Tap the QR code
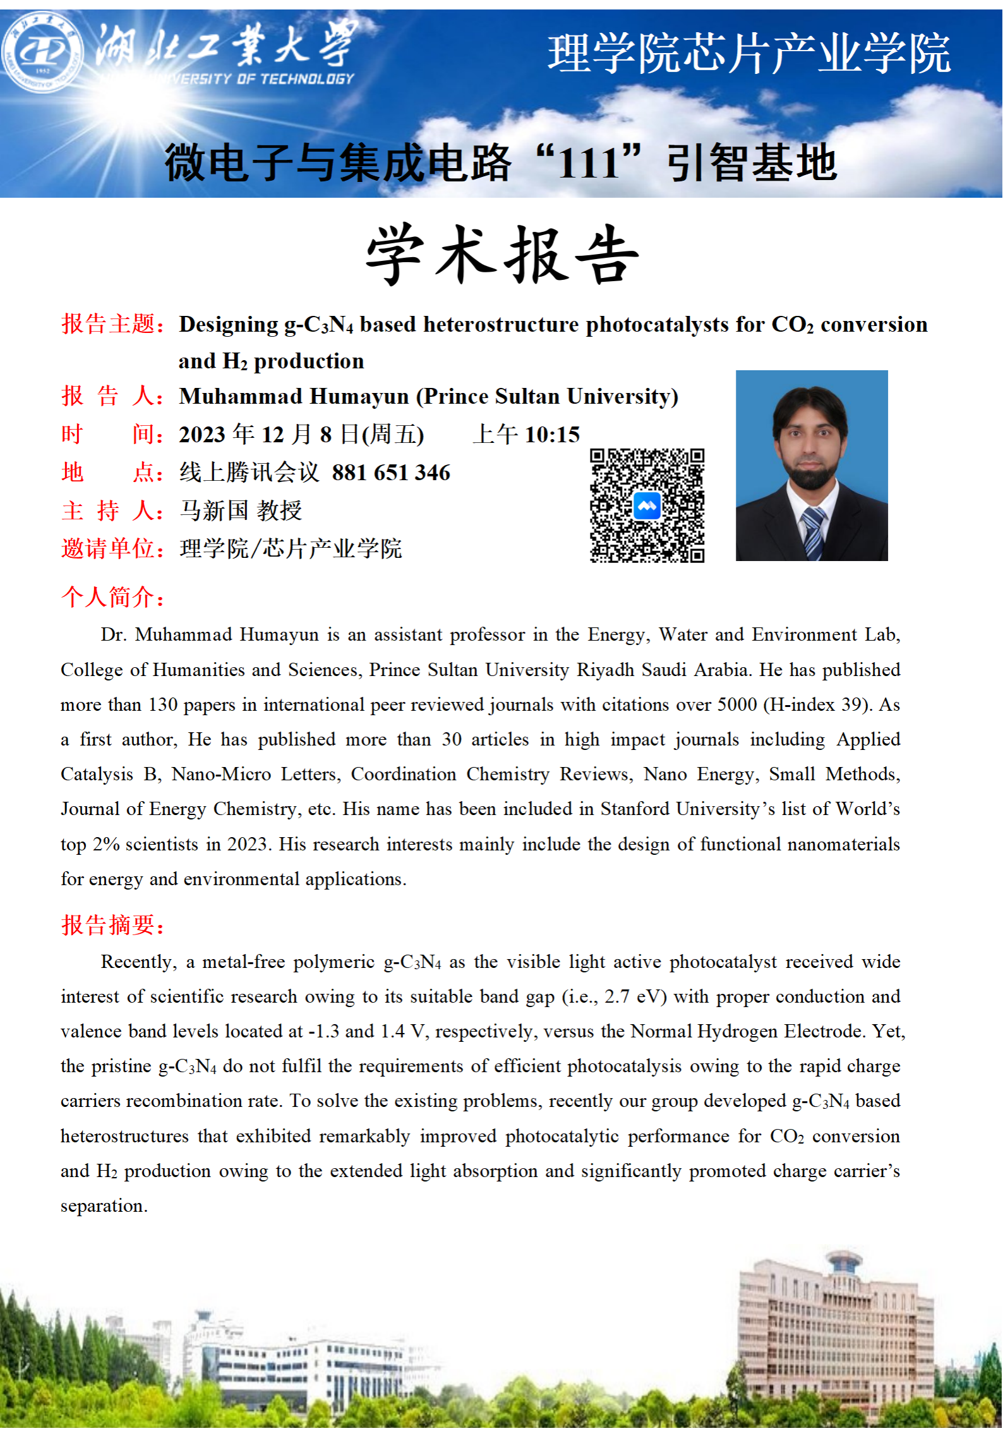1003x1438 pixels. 647,505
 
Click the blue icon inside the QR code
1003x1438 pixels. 647,506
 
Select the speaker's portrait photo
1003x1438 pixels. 812,466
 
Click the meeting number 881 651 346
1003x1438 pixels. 391,473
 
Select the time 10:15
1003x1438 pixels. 552,435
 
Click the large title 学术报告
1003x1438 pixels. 502,255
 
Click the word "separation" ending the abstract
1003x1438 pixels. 104,1206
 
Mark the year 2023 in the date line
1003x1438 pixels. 202,435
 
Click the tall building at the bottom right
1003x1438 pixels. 834,1327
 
